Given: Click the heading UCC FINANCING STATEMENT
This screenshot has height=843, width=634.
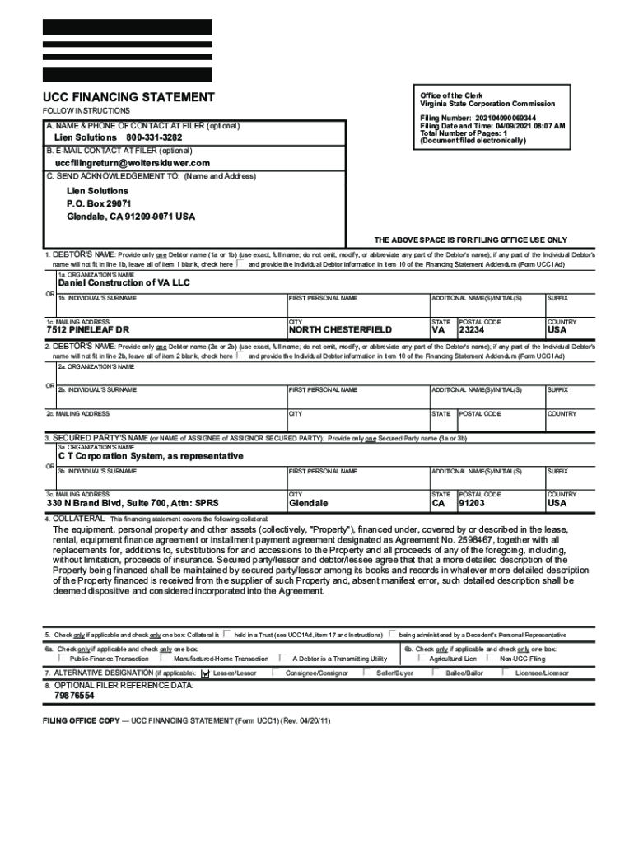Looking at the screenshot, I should pos(128,97).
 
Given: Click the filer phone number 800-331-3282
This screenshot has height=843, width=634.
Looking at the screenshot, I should pos(154,137).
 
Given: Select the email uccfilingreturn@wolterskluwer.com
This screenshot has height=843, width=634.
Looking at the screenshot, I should pos(133,163).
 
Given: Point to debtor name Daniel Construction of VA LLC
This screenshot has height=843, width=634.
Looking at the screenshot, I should pos(124,282).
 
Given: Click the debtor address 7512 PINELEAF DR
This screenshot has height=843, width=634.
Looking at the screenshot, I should pos(88,330).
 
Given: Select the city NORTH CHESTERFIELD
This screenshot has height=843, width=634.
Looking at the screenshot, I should pos(340,330).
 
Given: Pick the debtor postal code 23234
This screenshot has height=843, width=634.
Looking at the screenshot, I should pos(472,330).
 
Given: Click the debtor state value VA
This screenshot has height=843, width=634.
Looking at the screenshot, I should pos(439,330).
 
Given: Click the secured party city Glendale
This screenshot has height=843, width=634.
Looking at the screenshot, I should pos(309,503).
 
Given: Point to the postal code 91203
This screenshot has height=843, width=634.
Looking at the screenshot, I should pos(472,503).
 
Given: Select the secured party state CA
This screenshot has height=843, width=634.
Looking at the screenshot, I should pos(440,503).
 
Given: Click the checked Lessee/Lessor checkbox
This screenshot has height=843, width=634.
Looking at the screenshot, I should pos(205,673).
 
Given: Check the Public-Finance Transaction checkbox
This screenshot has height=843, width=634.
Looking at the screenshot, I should pos(62,658).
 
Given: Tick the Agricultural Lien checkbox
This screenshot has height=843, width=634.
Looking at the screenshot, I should pos(421,658).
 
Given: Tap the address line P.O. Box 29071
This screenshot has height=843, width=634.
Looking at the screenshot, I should pos(99,203).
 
